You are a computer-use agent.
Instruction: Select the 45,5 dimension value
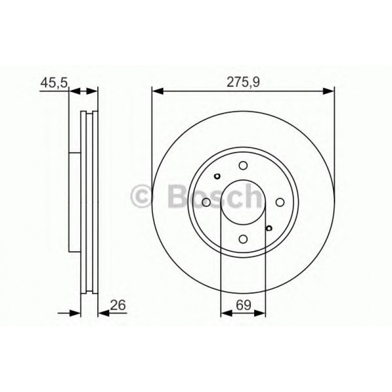pyautogui.click(x=54, y=83)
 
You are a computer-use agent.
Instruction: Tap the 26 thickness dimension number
pyautogui.click(x=119, y=305)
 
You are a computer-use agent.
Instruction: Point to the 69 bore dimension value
pyautogui.click(x=243, y=305)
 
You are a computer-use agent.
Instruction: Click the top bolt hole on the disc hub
pyautogui.click(x=243, y=166)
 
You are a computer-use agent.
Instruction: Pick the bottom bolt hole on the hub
pyautogui.click(x=243, y=239)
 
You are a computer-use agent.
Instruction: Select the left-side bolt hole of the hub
pyautogui.click(x=206, y=202)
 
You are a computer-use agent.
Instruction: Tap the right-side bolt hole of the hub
pyautogui.click(x=280, y=202)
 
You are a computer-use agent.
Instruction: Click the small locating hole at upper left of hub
pyautogui.click(x=218, y=177)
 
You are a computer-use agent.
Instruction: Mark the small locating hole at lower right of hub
pyautogui.click(x=268, y=227)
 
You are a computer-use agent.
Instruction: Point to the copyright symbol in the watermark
pyautogui.click(x=142, y=197)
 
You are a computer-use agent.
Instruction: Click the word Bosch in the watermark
pyautogui.click(x=214, y=196)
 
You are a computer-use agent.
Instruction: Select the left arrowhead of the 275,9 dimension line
pyautogui.click(x=157, y=90)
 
